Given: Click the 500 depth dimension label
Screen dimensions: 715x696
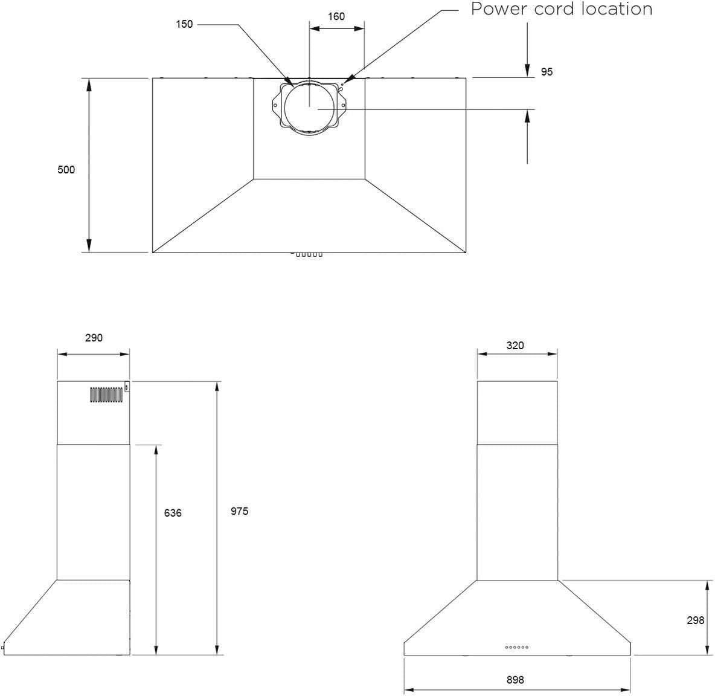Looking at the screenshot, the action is [66, 170].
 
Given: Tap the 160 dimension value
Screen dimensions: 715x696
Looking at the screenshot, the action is [336, 16].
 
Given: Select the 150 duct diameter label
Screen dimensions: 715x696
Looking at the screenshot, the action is [184, 24].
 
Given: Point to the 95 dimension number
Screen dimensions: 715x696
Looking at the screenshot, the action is [547, 72].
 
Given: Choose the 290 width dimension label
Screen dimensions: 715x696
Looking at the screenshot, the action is [94, 338].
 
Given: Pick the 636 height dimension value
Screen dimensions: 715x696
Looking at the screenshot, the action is [173, 513].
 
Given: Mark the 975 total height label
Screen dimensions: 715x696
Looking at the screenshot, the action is [239, 511].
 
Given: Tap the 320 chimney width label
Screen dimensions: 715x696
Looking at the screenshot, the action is [515, 346].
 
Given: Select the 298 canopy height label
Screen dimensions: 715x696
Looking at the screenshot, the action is [696, 620].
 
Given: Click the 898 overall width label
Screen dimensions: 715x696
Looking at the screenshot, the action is [515, 680].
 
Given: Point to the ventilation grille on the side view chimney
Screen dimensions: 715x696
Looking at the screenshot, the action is [106, 395].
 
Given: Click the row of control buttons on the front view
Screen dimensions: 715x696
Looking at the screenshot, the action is [517, 647].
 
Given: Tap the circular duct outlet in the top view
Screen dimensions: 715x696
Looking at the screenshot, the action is [309, 108].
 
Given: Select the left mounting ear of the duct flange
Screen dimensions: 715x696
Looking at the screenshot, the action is [276, 105].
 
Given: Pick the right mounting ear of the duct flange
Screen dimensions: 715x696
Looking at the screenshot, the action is [342, 105].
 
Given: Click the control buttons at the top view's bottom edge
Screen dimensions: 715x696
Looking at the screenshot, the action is [309, 254].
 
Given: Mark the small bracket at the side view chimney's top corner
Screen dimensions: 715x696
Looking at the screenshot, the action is [127, 387].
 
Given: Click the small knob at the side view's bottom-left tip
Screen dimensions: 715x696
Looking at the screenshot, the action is [2, 647].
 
